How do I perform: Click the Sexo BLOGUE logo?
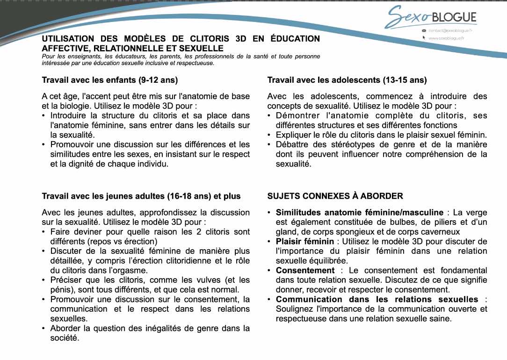(430, 18)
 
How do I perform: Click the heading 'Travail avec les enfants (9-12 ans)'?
(110, 80)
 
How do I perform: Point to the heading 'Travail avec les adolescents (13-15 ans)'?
(347, 80)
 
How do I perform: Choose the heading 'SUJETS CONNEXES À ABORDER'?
(335, 196)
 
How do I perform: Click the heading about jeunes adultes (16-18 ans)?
(141, 196)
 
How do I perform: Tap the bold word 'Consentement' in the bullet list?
(305, 270)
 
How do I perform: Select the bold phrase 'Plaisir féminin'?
(305, 241)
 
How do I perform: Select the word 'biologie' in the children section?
(69, 106)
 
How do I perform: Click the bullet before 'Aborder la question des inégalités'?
(44, 328)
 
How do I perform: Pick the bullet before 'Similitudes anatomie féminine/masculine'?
(269, 213)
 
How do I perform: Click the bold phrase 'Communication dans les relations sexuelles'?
(377, 299)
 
